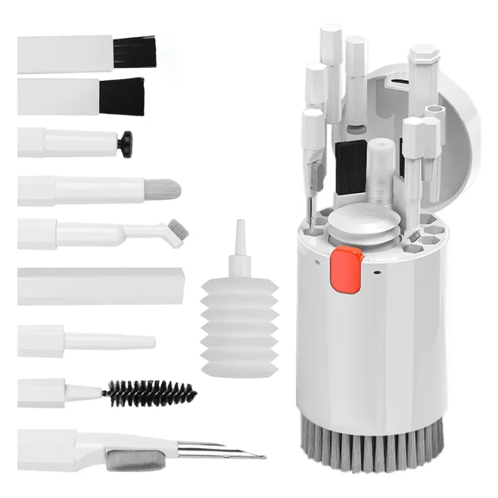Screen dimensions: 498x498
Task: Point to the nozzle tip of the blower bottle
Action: pyautogui.click(x=239, y=225)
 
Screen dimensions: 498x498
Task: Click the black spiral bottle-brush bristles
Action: pyautogui.click(x=149, y=393)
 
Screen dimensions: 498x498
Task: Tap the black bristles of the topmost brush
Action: pyautogui.click(x=135, y=52)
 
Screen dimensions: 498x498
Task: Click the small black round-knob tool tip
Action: pyautogui.click(x=125, y=143)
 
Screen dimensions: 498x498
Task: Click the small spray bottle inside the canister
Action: pyautogui.click(x=379, y=173)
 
